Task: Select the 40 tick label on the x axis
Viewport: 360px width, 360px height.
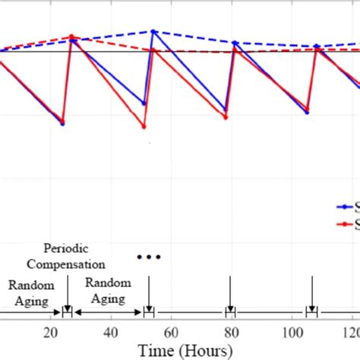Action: point(110,333)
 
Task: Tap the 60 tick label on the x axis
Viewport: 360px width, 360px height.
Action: point(170,333)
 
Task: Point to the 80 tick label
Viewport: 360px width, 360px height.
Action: point(230,333)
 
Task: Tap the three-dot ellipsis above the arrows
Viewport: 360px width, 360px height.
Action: point(149,257)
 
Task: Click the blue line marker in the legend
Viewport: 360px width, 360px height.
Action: point(346,206)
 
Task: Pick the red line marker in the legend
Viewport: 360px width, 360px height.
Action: point(346,224)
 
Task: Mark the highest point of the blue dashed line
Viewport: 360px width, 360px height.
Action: point(153,31)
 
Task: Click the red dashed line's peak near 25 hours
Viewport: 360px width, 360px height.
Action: point(71,36)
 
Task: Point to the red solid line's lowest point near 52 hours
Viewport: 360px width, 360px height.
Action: point(144,127)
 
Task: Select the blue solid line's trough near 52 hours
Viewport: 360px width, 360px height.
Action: point(144,104)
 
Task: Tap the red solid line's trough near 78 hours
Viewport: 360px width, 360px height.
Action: point(225,118)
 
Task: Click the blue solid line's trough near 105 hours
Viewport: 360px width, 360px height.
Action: point(308,113)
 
